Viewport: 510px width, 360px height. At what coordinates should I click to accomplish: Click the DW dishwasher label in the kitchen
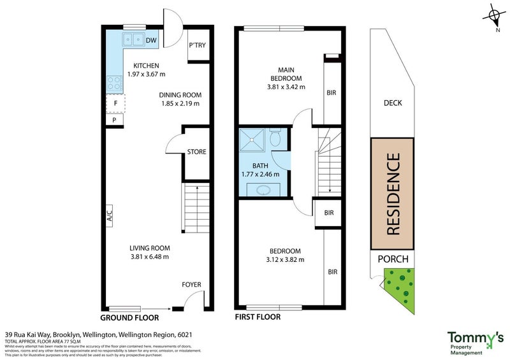click(x=151, y=41)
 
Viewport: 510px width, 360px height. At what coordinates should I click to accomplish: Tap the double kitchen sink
click(x=133, y=40)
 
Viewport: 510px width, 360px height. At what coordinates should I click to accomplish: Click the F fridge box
click(x=115, y=103)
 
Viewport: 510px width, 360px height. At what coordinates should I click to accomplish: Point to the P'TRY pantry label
click(x=197, y=45)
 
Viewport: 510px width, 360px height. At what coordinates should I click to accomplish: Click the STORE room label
click(x=196, y=152)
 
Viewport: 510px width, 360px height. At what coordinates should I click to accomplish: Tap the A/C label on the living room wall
click(x=109, y=215)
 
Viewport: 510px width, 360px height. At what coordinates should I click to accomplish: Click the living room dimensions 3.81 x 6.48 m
click(x=150, y=257)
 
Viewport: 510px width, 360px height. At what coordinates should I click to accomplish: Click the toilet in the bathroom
click(x=275, y=137)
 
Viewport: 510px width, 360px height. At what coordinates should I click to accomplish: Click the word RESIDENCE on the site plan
click(x=393, y=194)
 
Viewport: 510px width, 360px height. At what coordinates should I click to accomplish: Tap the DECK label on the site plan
click(x=392, y=103)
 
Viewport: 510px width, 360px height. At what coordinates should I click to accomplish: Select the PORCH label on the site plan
click(x=393, y=259)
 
